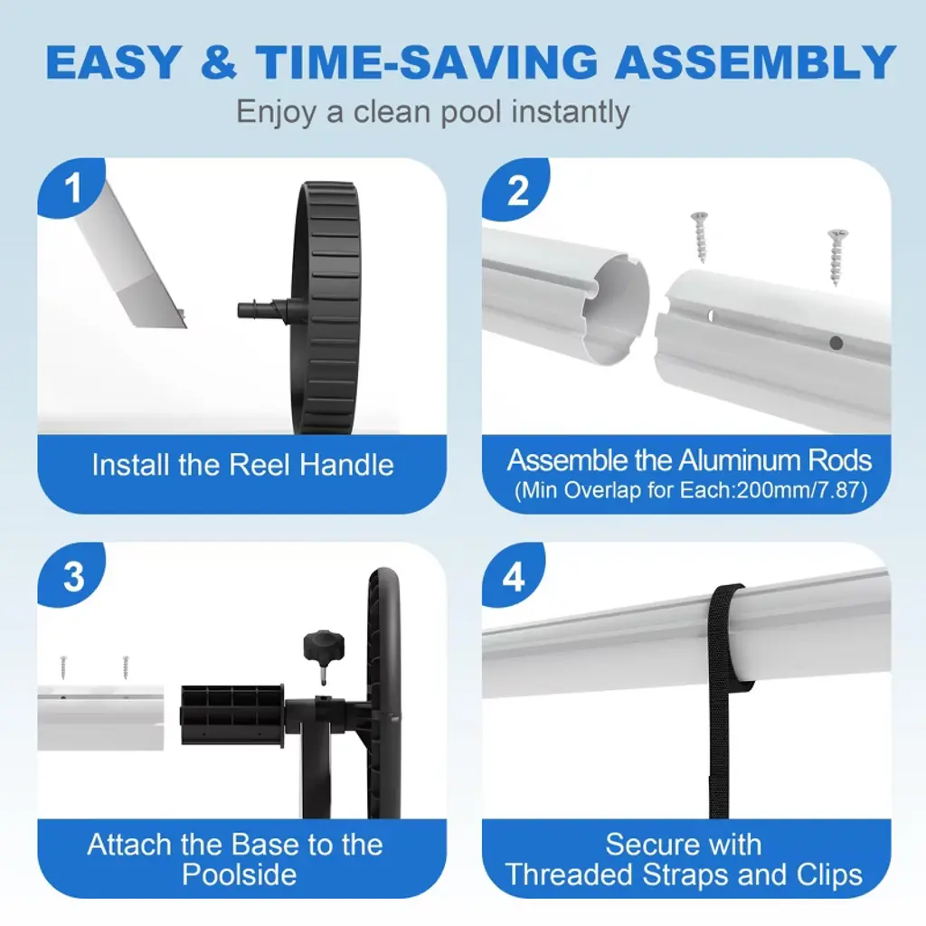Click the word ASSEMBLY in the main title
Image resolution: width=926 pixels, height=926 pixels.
[755, 62]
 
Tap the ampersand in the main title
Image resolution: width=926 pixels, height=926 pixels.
[219, 62]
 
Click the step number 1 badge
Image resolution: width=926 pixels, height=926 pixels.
[72, 187]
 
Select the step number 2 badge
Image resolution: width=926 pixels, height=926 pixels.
[516, 190]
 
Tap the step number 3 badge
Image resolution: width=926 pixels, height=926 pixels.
[73, 575]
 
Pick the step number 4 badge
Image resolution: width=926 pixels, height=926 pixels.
[514, 576]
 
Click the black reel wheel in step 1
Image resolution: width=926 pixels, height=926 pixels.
[326, 307]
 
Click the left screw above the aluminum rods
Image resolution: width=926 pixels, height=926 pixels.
[701, 237]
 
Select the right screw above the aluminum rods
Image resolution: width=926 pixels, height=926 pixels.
[837, 256]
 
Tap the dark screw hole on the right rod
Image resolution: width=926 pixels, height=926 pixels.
[835, 343]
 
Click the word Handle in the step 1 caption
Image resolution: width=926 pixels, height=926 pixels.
[346, 465]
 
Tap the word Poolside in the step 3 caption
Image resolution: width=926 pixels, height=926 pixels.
[239, 874]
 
